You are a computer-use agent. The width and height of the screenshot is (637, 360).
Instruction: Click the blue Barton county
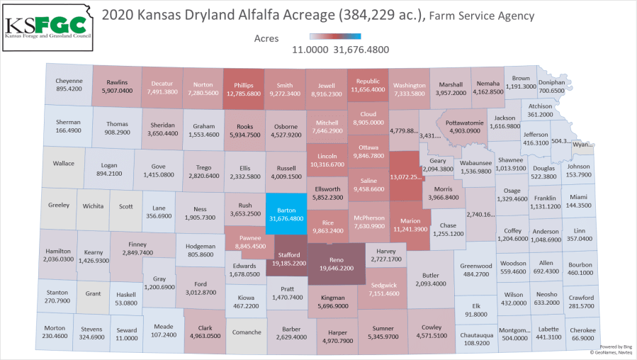(286, 213)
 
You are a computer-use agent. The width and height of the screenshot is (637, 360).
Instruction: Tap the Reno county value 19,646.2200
(337, 269)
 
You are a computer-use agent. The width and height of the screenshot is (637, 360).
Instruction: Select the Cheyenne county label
(69, 80)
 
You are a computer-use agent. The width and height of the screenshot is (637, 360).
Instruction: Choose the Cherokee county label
(582, 330)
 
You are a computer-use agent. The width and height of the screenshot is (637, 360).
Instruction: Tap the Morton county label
(54, 328)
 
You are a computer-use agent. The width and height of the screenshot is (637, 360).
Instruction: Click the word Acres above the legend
(266, 38)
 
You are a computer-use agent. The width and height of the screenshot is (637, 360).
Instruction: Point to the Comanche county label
(247, 332)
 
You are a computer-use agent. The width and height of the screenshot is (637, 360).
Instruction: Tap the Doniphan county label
(551, 82)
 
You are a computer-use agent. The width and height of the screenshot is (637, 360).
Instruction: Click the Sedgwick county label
(383, 285)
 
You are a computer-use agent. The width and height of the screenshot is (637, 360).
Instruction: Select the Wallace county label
(63, 163)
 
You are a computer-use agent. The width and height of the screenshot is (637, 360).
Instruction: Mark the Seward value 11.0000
(128, 338)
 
